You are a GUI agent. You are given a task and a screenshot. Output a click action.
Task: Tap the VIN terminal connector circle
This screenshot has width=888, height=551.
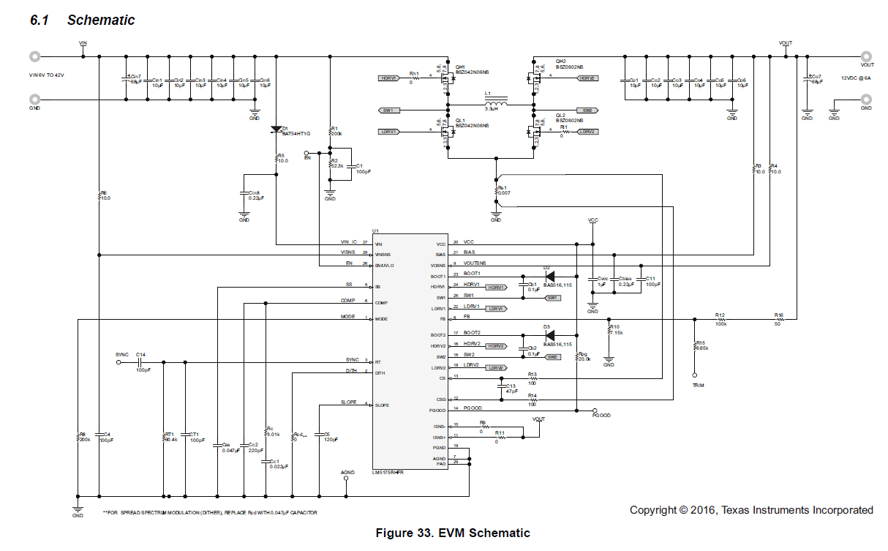pos(34,56)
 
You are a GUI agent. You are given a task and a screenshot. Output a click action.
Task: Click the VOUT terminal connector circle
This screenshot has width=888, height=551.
pos(866,56)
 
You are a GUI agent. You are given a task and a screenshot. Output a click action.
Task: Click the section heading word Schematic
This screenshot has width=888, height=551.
pos(101,20)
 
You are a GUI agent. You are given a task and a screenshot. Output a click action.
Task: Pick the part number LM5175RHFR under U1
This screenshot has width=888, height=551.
pos(388,473)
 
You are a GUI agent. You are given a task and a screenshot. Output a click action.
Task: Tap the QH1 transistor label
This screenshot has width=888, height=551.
pos(460,66)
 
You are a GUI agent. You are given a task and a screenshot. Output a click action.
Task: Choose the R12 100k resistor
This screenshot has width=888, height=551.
pos(721,320)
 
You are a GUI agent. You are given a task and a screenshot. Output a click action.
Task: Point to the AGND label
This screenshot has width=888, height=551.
pos(347,473)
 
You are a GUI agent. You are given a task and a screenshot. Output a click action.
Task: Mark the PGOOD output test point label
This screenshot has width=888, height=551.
pos(602,416)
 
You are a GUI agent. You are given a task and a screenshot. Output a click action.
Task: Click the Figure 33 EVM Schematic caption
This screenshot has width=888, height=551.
pos(452,533)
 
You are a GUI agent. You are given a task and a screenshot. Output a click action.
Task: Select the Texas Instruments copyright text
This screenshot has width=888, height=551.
pos(751,510)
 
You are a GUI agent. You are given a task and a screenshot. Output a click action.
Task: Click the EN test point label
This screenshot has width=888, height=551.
pos(307,157)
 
